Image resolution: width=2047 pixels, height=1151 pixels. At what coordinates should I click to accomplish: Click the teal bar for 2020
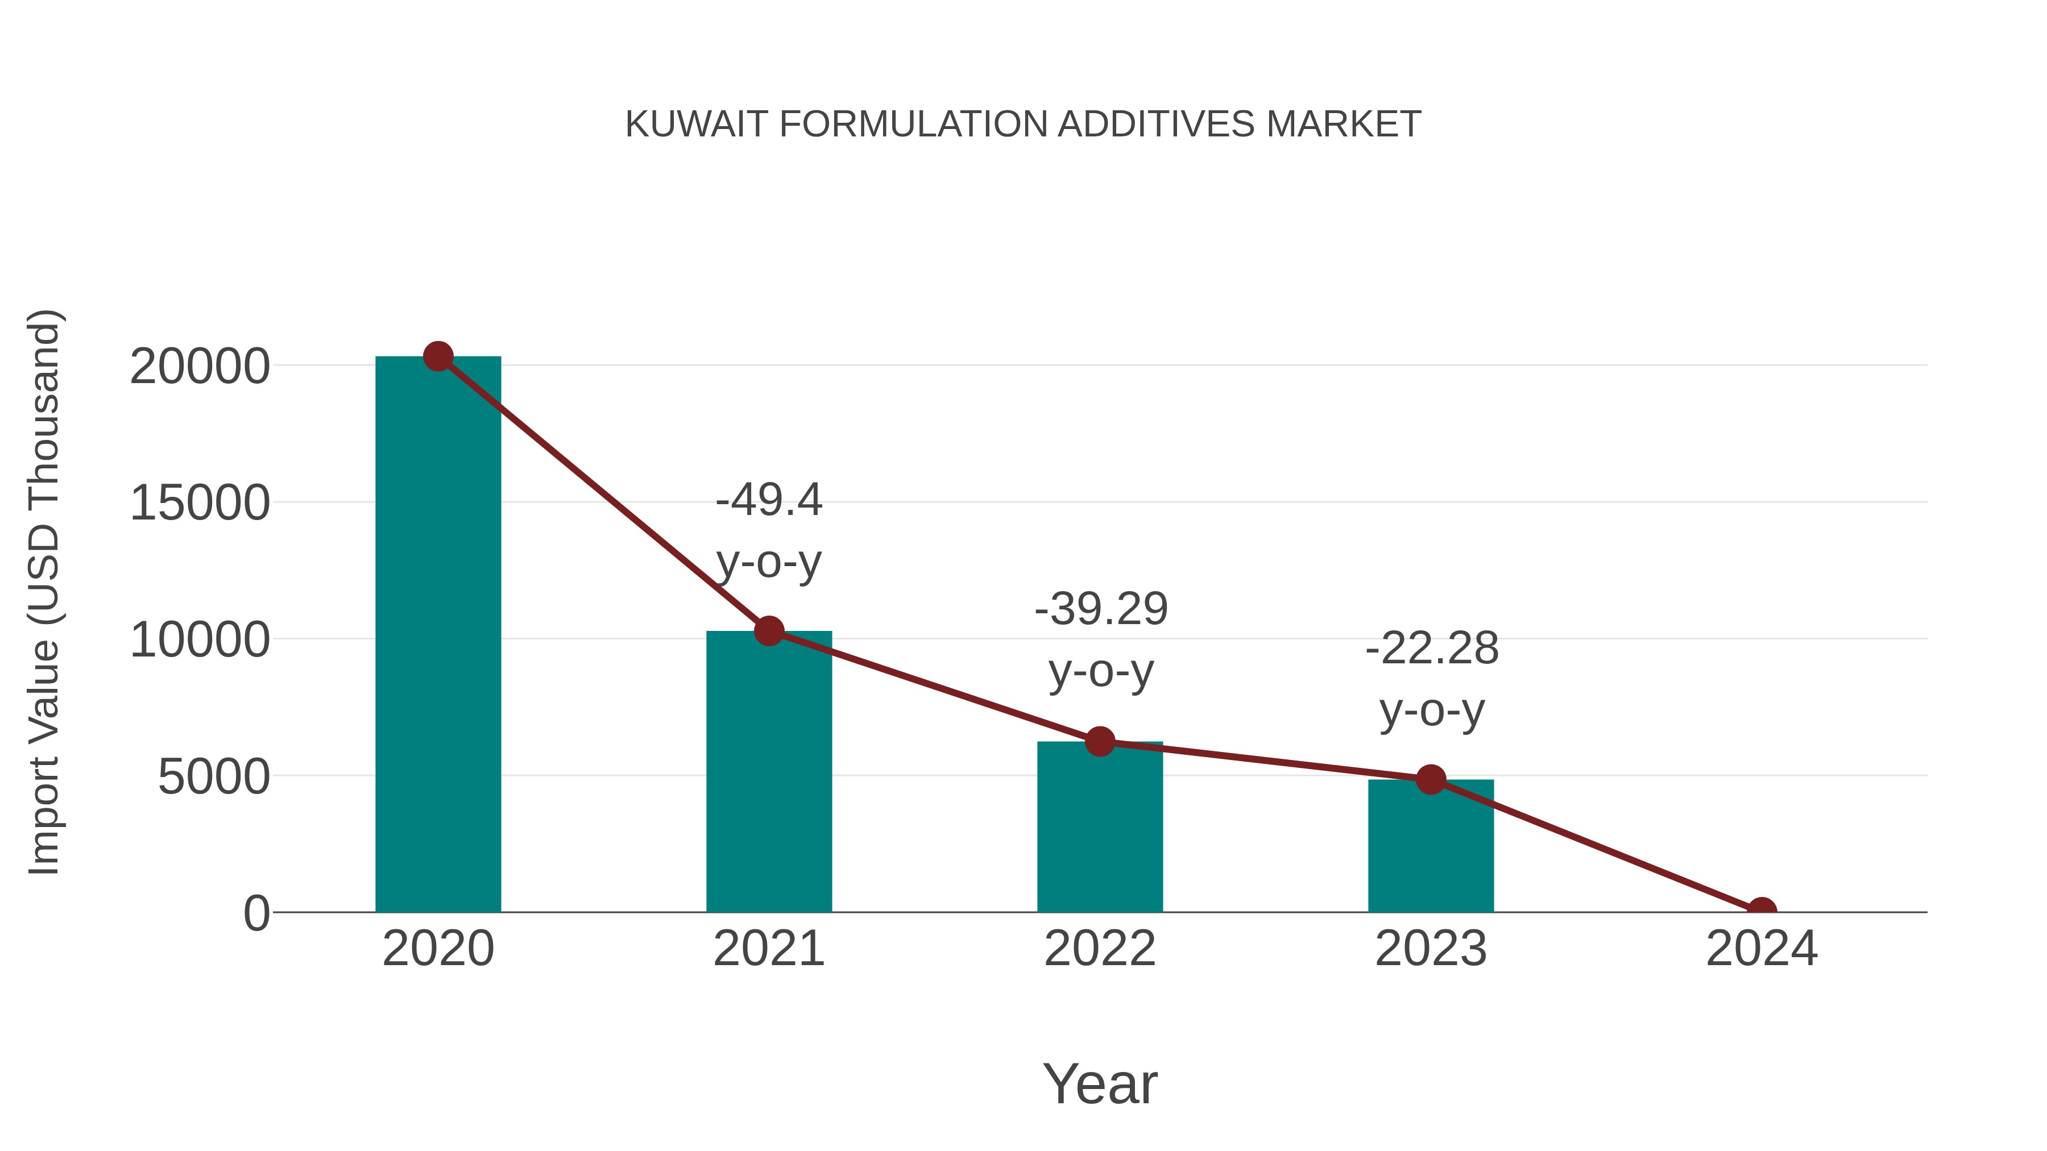(x=438, y=635)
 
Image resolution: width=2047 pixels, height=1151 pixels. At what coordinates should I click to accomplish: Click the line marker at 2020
(x=438, y=356)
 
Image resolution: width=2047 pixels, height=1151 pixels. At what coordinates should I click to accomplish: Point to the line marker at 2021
(x=768, y=631)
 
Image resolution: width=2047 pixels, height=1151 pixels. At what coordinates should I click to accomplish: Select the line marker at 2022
(x=1100, y=741)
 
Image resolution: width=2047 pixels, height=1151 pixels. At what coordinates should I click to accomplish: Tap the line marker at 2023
(x=1431, y=780)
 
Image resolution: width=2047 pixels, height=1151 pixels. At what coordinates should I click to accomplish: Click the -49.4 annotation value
(x=768, y=500)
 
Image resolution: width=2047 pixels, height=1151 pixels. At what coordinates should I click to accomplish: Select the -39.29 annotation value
(x=1101, y=609)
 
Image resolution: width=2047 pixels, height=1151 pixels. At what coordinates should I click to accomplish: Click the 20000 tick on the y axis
(x=200, y=367)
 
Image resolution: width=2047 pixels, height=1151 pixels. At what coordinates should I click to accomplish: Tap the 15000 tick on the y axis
(x=200, y=504)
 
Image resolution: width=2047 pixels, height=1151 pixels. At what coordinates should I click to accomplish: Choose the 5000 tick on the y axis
(x=214, y=777)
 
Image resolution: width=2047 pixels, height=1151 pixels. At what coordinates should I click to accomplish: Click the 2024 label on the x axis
(x=1762, y=949)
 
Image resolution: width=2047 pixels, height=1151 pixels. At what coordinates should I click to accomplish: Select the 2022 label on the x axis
(x=1100, y=949)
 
